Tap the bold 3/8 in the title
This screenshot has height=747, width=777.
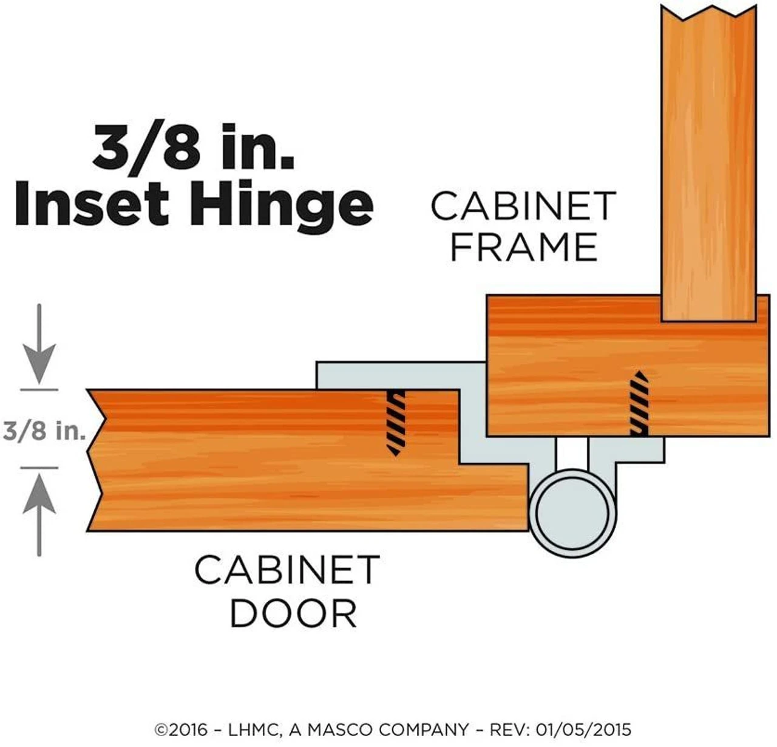click(146, 146)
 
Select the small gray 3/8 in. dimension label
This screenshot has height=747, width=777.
click(44, 431)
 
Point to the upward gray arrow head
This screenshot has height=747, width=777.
click(39, 493)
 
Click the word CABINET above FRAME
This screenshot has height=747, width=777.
click(523, 206)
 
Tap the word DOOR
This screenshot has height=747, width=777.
click(293, 613)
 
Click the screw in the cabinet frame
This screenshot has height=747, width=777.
click(639, 403)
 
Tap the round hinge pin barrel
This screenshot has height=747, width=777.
click(572, 513)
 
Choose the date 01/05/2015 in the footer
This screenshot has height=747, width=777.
click(583, 730)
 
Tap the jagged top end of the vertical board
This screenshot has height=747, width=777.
click(708, 12)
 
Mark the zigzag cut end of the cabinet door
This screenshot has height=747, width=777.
click(97, 460)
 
